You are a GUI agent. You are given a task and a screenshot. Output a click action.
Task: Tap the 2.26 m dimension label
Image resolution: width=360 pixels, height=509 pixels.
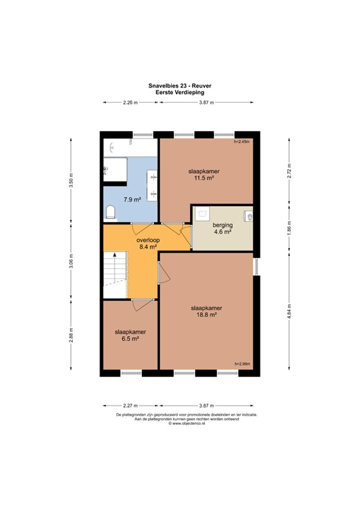tap(131, 102)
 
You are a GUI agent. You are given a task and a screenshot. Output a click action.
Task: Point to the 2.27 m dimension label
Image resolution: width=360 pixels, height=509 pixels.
tap(131, 405)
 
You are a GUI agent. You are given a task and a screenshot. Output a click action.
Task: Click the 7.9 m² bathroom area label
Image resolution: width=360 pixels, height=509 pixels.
tap(131, 199)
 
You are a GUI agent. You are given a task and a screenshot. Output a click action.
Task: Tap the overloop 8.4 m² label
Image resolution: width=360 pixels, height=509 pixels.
tap(148, 243)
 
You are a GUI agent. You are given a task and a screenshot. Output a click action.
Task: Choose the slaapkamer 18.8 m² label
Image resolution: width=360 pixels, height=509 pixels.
tap(206, 312)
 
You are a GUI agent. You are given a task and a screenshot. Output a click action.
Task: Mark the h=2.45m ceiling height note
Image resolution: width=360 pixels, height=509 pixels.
tap(243, 142)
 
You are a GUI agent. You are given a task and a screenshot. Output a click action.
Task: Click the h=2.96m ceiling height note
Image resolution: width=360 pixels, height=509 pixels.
tap(243, 363)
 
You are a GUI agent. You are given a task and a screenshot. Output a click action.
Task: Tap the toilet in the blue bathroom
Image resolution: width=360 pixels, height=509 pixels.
tap(111, 211)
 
